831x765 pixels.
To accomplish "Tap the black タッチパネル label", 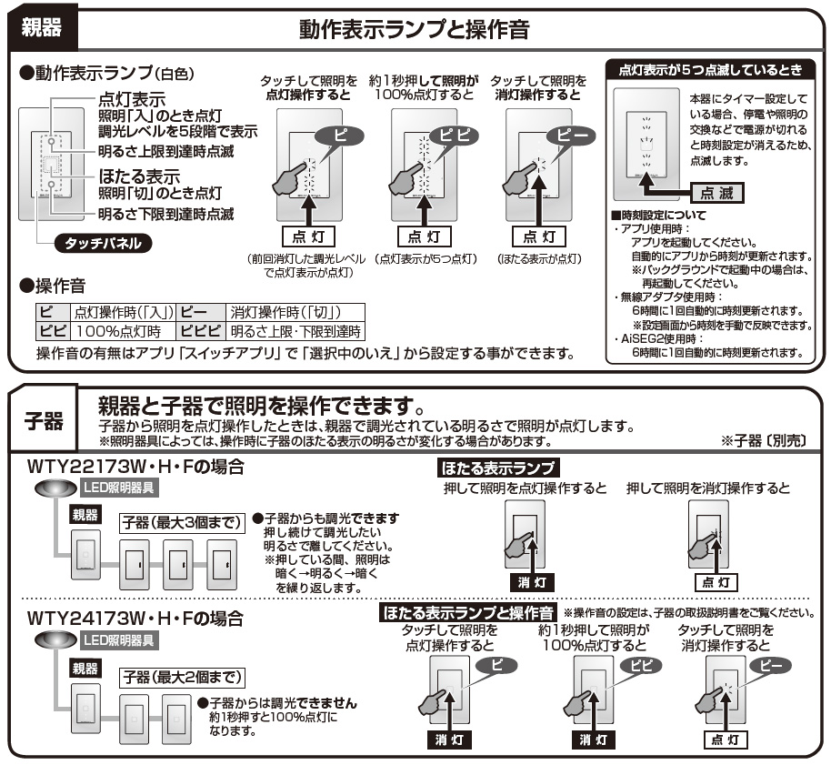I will click(x=103, y=244).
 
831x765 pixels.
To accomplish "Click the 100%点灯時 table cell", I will click(x=117, y=332).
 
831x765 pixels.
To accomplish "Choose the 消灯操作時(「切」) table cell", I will click(x=296, y=312).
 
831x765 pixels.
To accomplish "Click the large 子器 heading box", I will click(x=42, y=421).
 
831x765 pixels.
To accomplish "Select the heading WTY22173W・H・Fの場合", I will click(x=135, y=467).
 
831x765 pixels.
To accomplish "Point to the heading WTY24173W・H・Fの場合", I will click(x=135, y=619).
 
